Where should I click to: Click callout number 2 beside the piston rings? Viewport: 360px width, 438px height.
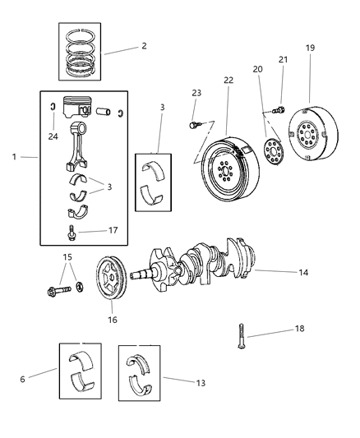coord(144,46)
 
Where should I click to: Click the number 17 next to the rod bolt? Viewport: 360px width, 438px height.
coord(113,230)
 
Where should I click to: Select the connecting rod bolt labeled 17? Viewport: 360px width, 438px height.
coord(73,232)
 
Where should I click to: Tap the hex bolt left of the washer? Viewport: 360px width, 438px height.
coord(59,289)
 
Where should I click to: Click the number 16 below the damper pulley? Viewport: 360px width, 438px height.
coord(112,319)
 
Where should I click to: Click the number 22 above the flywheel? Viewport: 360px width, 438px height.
coord(227,80)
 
